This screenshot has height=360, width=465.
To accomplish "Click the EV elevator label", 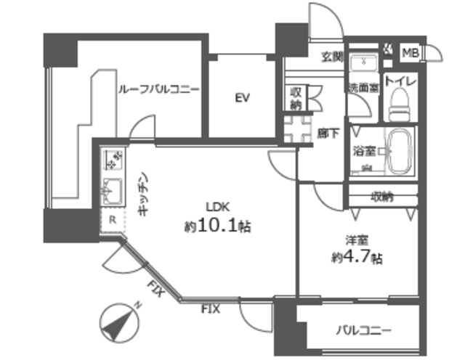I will (x=243, y=98).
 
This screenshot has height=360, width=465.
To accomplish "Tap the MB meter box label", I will (x=410, y=52).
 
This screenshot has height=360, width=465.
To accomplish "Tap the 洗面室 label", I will (x=361, y=89).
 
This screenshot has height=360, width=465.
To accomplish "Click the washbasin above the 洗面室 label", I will (x=362, y=63).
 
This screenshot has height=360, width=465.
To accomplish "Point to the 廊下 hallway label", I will (x=328, y=132).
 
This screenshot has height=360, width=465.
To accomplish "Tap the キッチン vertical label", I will (x=145, y=194).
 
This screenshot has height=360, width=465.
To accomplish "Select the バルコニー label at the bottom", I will (x=363, y=330).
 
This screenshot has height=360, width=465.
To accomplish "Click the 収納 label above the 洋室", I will (x=381, y=196).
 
